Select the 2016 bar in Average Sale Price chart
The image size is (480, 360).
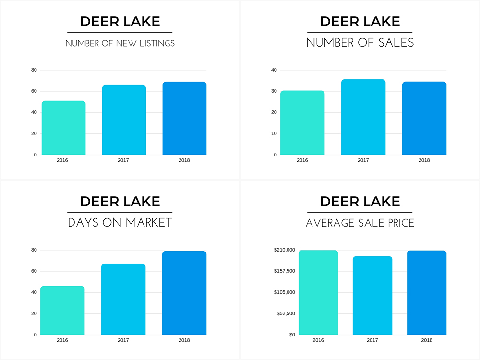318,292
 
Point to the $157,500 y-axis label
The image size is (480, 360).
285,271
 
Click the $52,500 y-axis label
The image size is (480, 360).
286,313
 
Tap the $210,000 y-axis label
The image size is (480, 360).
285,250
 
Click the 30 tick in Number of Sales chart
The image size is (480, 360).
274,91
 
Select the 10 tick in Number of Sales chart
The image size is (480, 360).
274,133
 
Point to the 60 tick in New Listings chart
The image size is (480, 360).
34,91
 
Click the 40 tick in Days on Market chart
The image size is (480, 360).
34,292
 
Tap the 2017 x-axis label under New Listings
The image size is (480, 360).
123,160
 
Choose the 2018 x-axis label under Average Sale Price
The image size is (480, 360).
426,340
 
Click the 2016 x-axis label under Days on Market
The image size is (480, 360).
62,340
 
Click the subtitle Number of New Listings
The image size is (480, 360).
120,43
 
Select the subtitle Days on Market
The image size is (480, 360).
120,223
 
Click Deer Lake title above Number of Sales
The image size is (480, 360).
360,22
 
